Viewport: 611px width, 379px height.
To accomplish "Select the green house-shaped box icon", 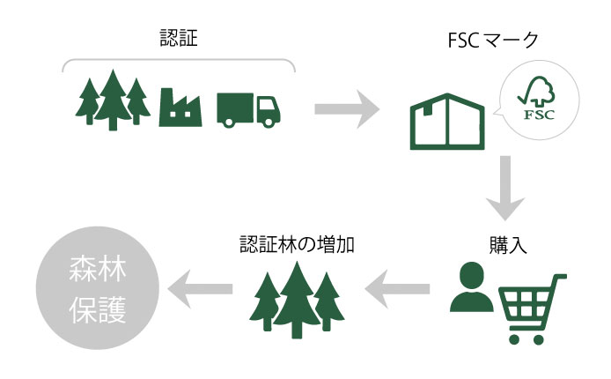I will [x=446, y=120].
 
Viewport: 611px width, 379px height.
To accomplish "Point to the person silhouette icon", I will [x=471, y=288].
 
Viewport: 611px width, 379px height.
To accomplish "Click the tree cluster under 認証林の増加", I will [x=296, y=299].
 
